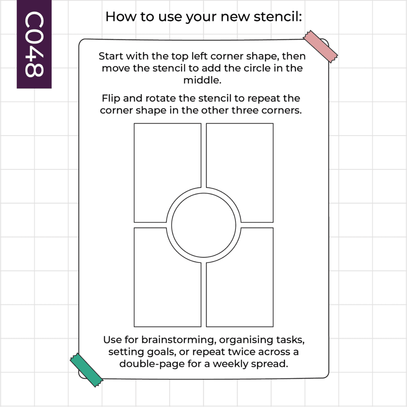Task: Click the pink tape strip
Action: [320, 46]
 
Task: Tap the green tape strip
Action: [86, 370]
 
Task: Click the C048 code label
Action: [34, 44]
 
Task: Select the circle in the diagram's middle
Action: [204, 225]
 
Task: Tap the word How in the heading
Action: [121, 17]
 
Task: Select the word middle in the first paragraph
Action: [202, 80]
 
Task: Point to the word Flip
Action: [111, 98]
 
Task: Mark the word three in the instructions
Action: [245, 110]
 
